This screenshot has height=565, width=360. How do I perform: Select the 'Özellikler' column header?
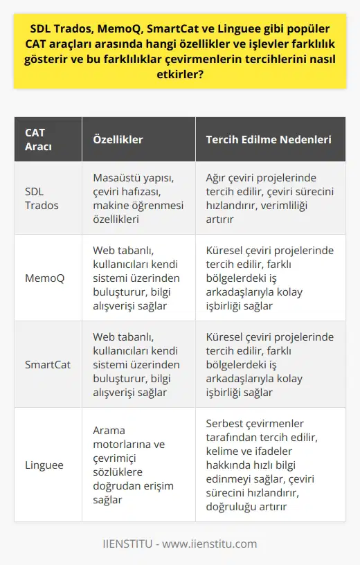118,139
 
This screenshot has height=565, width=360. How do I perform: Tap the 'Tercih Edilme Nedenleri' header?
268,139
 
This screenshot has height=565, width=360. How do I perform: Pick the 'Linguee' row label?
45,464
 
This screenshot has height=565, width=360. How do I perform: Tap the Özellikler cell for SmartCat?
136,364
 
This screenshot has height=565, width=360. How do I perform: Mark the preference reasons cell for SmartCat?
269,364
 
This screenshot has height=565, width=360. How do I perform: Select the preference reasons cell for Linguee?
269,464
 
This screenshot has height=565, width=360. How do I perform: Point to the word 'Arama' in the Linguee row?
109,431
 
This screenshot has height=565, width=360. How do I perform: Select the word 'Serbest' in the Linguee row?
226,424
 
